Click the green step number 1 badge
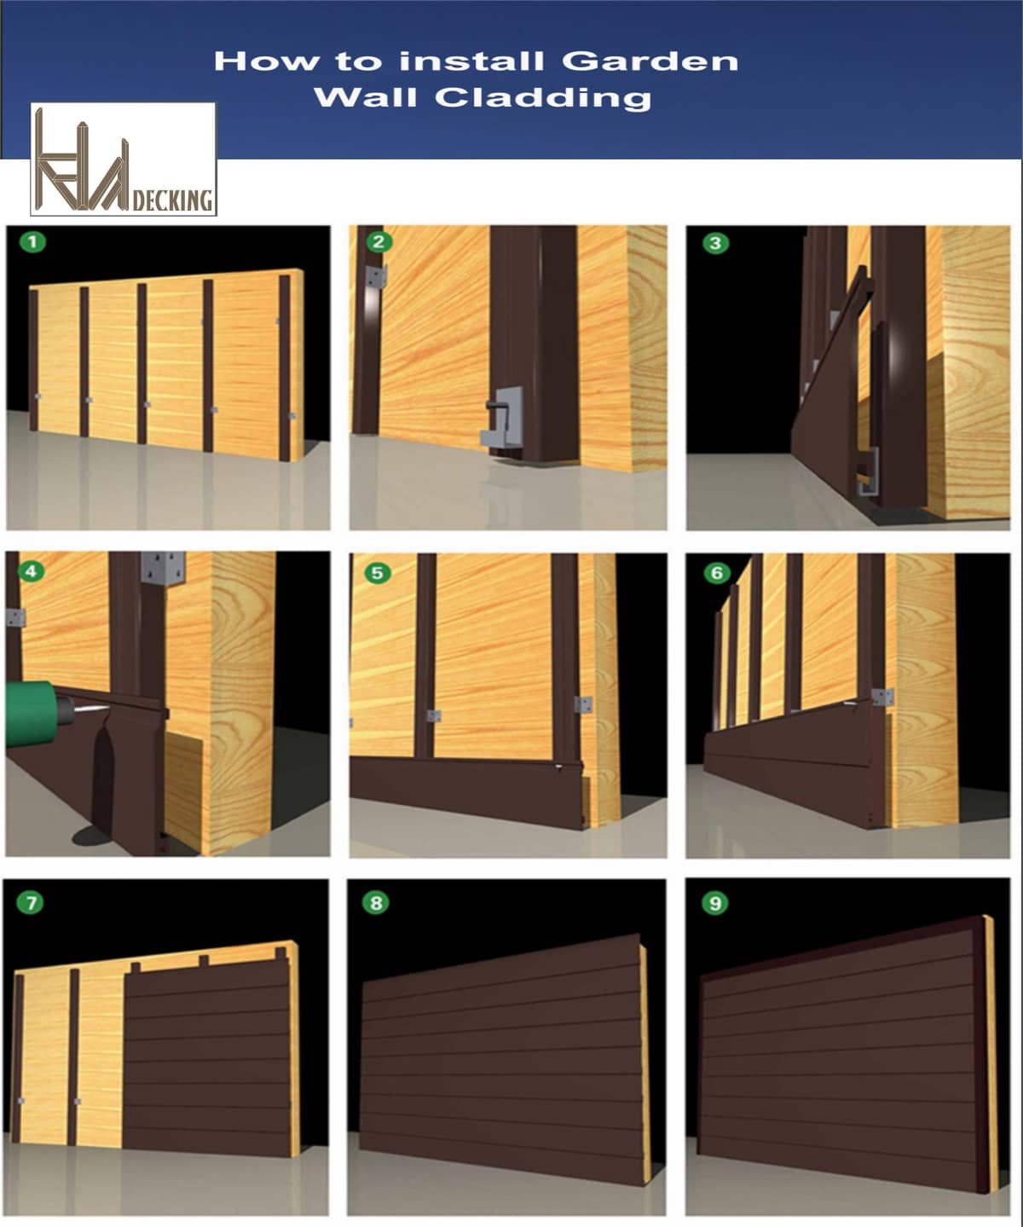tap(33, 241)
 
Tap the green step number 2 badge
tap(378, 241)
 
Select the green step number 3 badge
tap(715, 243)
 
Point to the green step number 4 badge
tap(32, 570)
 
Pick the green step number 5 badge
tap(378, 572)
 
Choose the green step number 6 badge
tap(716, 572)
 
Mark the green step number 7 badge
tap(32, 902)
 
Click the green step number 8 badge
tap(376, 902)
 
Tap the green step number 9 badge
tap(715, 903)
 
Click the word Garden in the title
tap(650, 61)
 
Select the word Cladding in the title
tap(543, 97)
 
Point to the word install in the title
tap(471, 61)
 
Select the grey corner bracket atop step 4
tap(163, 568)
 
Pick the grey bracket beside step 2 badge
tap(375, 276)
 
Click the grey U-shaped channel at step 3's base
tap(867, 471)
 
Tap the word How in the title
tap(268, 61)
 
